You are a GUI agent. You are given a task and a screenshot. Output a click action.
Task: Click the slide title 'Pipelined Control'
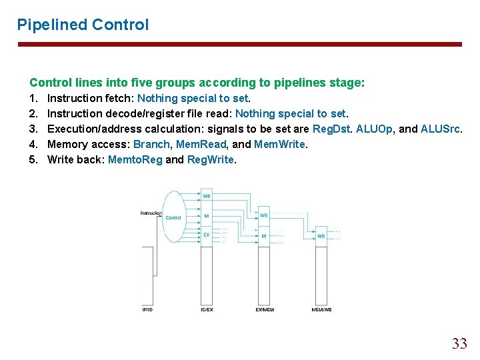pyautogui.click(x=83, y=25)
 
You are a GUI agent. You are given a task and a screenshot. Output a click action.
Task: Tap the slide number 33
pyautogui.click(x=459, y=344)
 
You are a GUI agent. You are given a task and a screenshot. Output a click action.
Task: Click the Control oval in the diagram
pyautogui.click(x=173, y=217)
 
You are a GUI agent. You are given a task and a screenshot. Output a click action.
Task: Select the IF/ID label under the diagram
pyautogui.click(x=147, y=309)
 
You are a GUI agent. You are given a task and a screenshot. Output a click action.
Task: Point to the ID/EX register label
pyautogui.click(x=206, y=309)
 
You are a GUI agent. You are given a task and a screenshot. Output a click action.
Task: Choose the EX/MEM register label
pyautogui.click(x=263, y=309)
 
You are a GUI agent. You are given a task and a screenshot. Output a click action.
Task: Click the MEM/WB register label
pyautogui.click(x=321, y=309)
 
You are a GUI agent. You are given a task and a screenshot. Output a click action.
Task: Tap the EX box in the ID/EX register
pyautogui.click(x=206, y=235)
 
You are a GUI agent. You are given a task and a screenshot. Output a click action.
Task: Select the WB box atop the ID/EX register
pyautogui.click(x=206, y=196)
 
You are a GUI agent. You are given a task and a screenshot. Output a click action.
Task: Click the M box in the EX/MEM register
pyautogui.click(x=263, y=235)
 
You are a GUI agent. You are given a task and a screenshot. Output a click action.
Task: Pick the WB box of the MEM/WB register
pyautogui.click(x=321, y=235)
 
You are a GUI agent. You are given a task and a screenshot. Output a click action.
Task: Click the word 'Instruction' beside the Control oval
pyautogui.click(x=151, y=213)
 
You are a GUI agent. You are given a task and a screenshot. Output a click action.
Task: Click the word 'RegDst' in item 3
pyautogui.click(x=329, y=129)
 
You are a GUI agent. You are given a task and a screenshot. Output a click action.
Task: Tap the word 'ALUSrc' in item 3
pyautogui.click(x=441, y=129)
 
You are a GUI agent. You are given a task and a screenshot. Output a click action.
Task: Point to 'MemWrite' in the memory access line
pyautogui.click(x=280, y=144)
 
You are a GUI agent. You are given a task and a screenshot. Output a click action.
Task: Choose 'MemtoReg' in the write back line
pyautogui.click(x=135, y=159)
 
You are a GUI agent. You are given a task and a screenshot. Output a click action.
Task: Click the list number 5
pyautogui.click(x=33, y=159)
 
